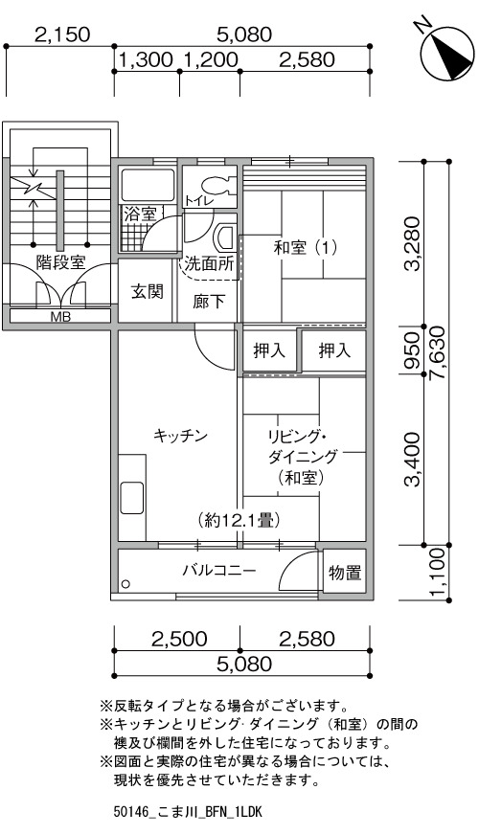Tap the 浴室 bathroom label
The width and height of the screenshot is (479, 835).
click(140, 214)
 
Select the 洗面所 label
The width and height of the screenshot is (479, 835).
click(210, 263)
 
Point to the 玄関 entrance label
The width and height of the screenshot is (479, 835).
click(148, 292)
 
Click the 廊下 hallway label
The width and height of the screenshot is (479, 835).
click(208, 302)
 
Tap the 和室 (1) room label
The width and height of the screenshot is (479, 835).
click(306, 248)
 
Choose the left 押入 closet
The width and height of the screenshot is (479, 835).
click(269, 350)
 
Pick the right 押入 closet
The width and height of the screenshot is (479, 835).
click(334, 350)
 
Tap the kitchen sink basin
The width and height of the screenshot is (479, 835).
click(131, 498)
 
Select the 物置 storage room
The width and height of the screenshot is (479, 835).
click(345, 573)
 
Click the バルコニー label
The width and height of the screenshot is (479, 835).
click(219, 571)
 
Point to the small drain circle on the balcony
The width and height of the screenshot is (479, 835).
click(125, 584)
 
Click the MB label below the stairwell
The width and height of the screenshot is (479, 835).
click(60, 317)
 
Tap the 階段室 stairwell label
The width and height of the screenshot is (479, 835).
click(60, 262)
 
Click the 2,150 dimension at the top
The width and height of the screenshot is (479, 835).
click(62, 35)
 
